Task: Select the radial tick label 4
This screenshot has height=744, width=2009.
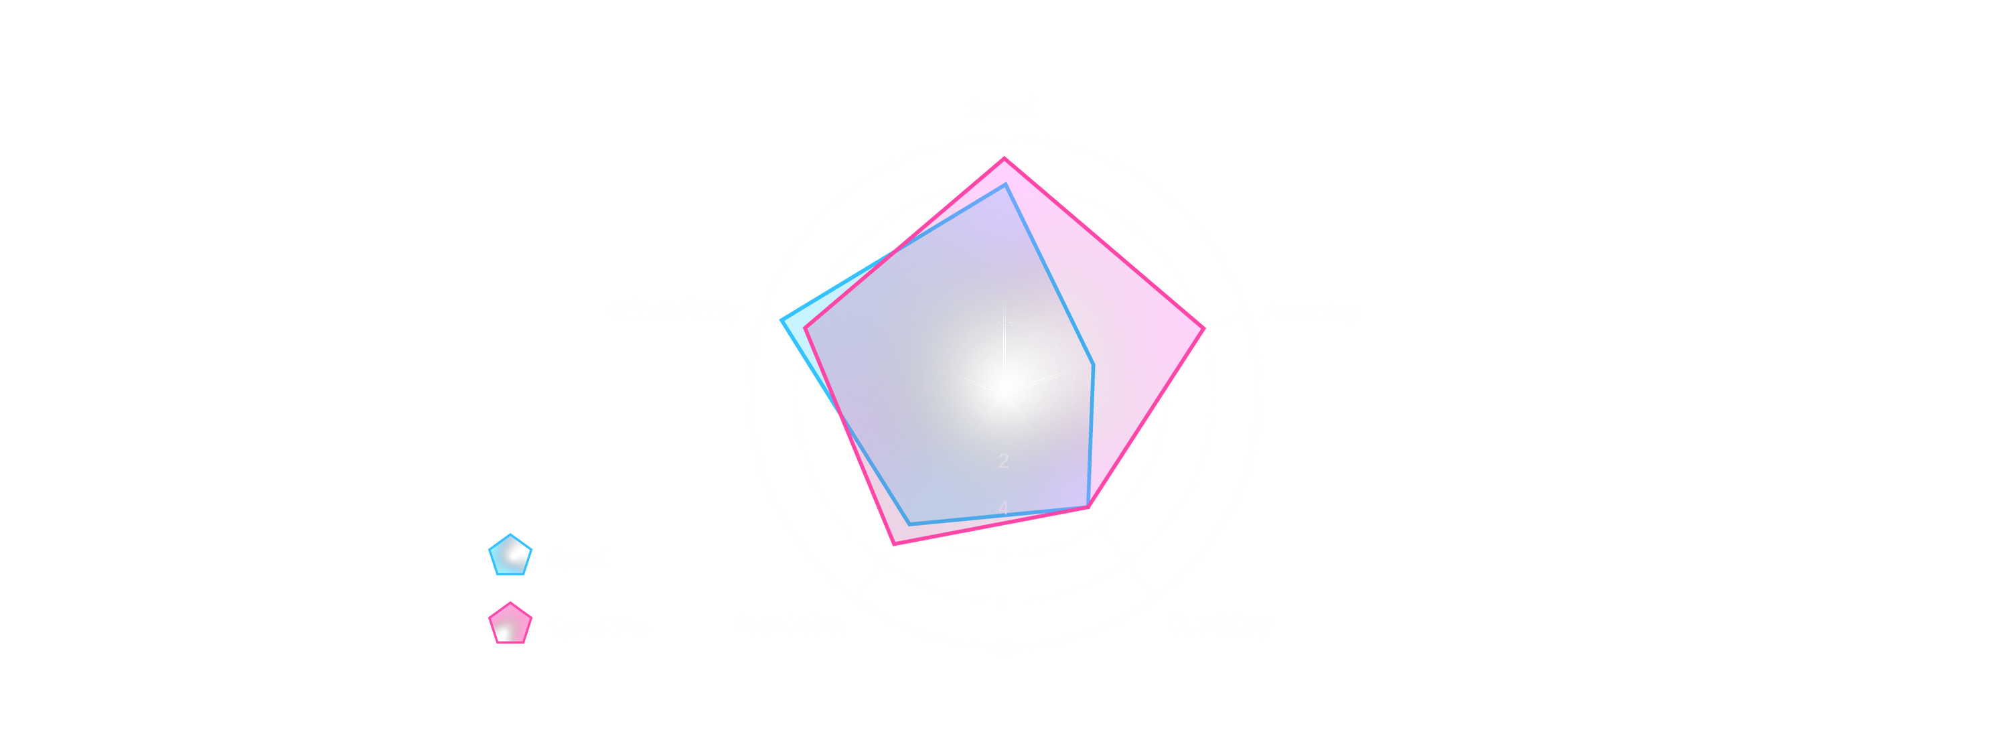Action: point(1004,508)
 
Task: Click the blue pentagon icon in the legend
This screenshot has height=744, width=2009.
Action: point(510,555)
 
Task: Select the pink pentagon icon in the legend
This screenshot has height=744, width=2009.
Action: point(510,624)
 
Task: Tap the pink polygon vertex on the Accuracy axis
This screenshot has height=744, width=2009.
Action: point(1204,327)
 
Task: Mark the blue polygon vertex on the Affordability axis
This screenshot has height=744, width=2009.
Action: point(781,318)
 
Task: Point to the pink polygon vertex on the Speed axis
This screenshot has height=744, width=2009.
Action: point(1004,157)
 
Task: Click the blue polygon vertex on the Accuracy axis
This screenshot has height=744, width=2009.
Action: point(1094,364)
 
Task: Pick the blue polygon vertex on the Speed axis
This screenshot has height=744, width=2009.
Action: point(1004,185)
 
